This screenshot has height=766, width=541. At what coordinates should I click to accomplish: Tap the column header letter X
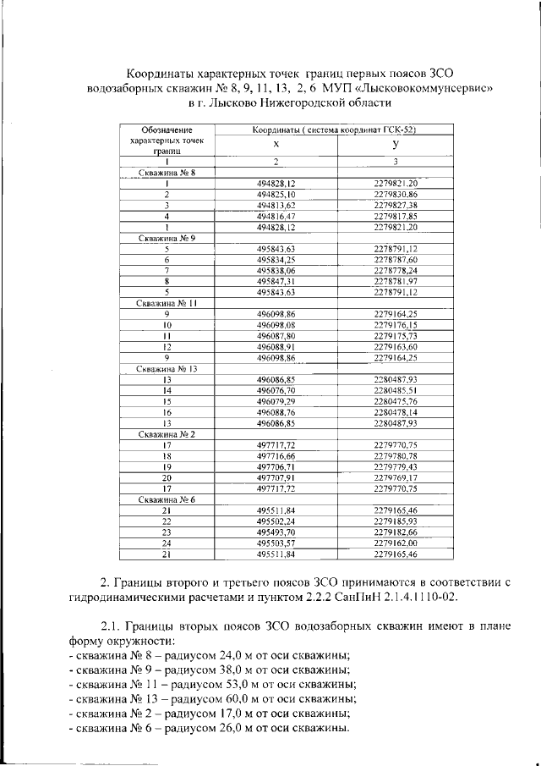pos(276,145)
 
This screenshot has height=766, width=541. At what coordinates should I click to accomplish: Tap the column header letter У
pos(396,145)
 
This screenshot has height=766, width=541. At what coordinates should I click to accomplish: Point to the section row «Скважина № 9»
pos(167,239)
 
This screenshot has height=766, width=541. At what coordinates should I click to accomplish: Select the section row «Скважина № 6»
pos(167,500)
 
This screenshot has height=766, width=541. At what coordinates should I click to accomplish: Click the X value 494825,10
pos(276,195)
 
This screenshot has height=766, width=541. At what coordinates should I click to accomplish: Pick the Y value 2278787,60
pos(396,260)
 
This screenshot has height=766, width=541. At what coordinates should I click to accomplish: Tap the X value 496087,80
pos(276,336)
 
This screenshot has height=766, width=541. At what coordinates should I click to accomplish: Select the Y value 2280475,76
pos(396,401)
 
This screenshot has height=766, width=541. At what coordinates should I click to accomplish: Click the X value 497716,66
pos(276,456)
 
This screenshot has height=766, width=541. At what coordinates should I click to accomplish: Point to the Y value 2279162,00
pos(396,543)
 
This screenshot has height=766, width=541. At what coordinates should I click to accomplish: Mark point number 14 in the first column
pos(167,391)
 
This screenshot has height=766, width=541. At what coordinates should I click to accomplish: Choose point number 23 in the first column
pos(167,532)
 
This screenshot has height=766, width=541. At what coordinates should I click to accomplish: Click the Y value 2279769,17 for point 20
pos(396,478)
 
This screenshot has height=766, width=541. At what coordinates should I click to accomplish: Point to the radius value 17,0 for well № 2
pos(243,714)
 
